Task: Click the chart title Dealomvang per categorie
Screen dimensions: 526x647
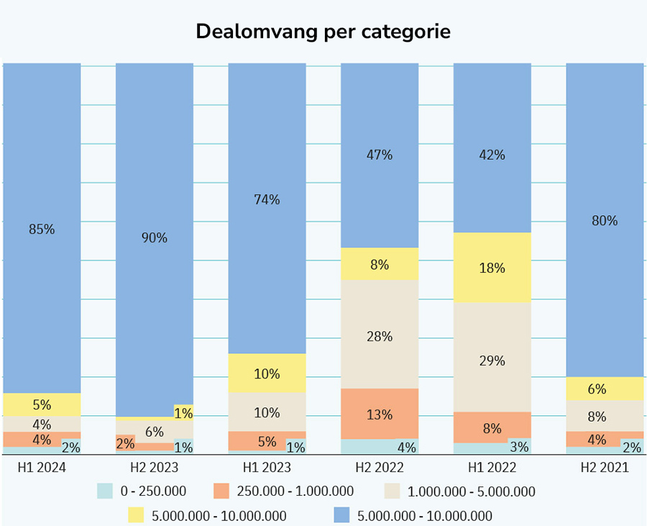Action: [323, 32]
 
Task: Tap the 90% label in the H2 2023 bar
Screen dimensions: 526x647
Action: [154, 237]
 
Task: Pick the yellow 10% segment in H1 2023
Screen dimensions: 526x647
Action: [267, 373]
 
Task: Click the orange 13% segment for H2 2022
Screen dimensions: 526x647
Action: [379, 414]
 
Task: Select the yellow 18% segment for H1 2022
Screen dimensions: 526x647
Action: [492, 268]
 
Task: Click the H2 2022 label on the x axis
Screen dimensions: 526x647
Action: [379, 468]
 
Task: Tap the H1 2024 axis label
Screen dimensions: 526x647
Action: [42, 468]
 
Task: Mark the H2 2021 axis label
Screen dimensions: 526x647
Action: [605, 468]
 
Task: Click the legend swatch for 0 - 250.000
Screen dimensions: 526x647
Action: [106, 491]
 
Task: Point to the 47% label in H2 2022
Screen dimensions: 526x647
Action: [379, 155]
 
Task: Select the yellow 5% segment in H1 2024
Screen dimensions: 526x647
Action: [42, 404]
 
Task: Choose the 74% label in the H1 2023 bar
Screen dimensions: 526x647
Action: [267, 200]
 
